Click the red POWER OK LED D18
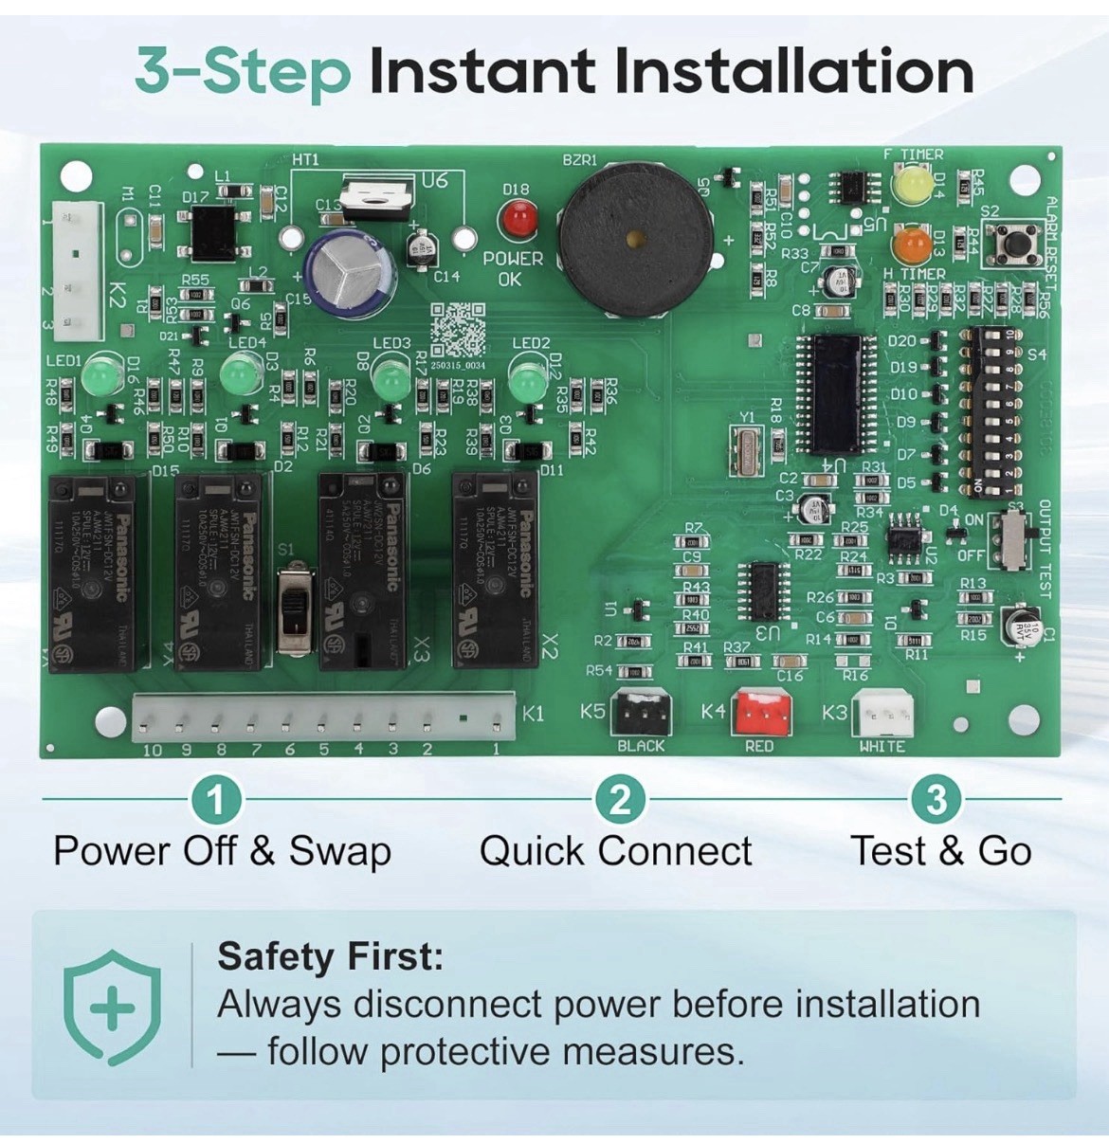(518, 220)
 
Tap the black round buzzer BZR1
(635, 237)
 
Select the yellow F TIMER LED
(912, 183)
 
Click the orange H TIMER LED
(911, 245)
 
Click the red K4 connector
(762, 713)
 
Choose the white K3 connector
(882, 713)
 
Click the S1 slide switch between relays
(296, 609)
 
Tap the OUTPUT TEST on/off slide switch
(1013, 540)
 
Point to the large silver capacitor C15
(348, 273)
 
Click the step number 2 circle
(620, 800)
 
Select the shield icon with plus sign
(112, 1006)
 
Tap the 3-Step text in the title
(243, 72)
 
